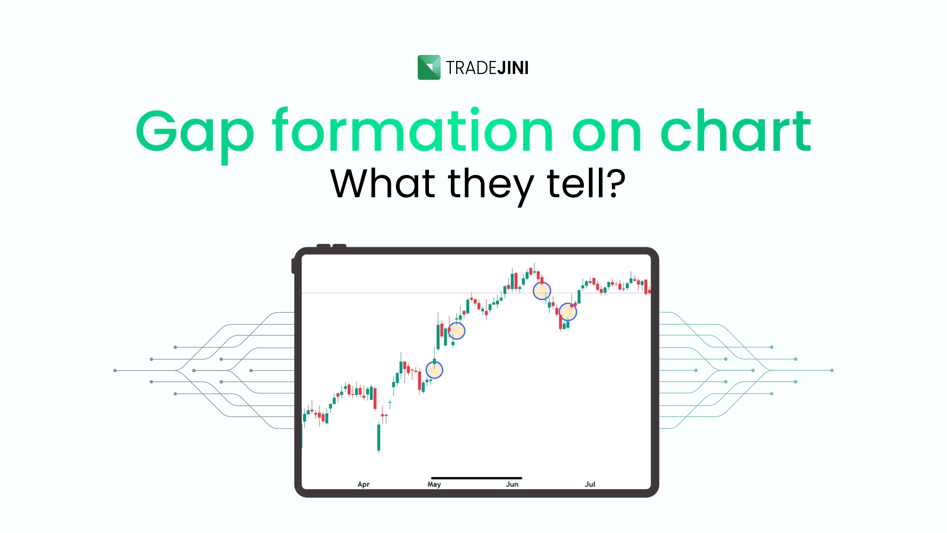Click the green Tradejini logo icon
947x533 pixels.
tap(429, 67)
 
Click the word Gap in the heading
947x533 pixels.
tap(195, 132)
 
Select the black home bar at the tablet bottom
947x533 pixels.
tap(476, 478)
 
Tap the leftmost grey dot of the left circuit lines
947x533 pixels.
tap(115, 370)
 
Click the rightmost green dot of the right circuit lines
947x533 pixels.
tap(832, 370)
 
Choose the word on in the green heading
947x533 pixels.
tap(607, 132)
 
